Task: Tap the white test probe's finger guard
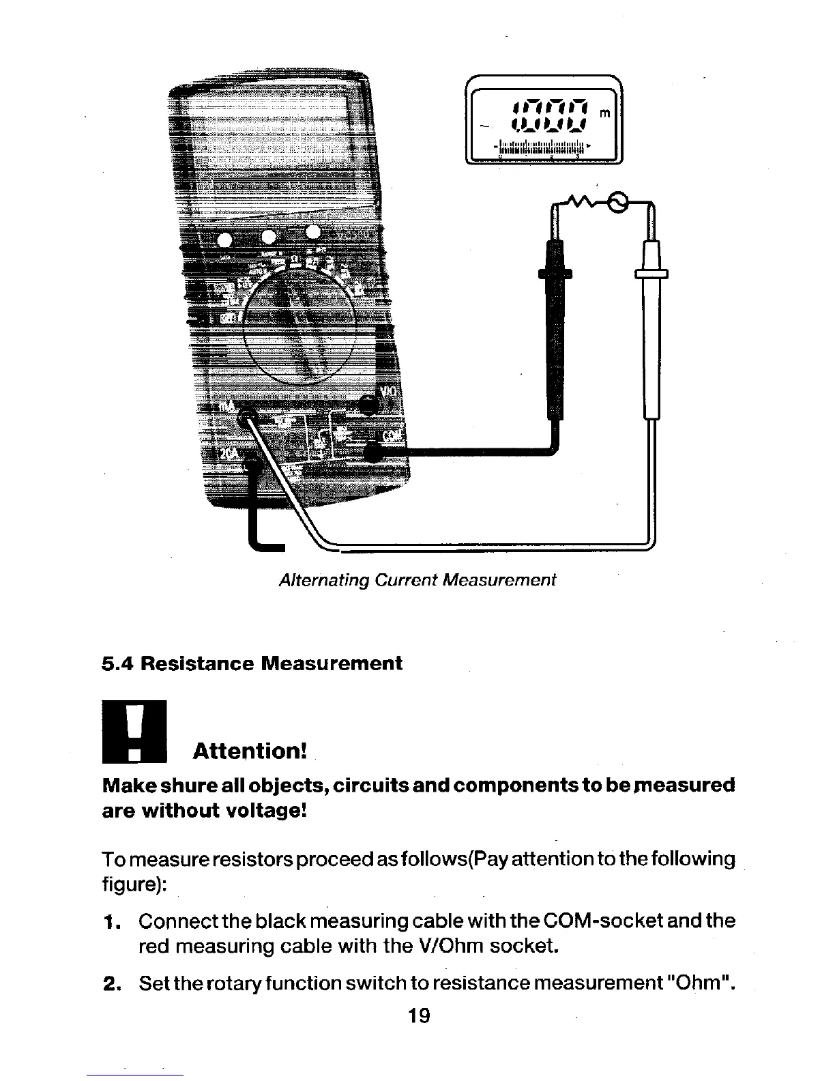pos(651,274)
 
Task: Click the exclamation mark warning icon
pos(134,731)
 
